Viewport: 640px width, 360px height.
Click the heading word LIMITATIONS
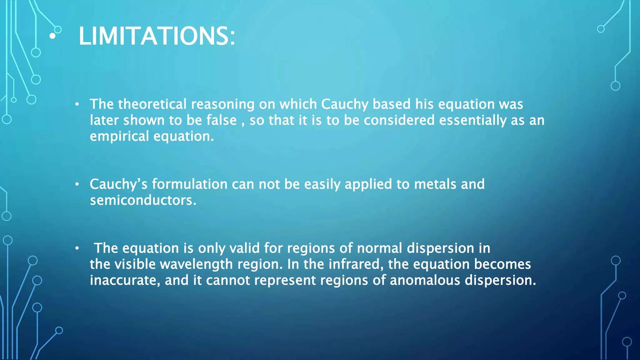(x=156, y=36)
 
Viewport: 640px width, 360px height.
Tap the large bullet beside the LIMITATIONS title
(x=52, y=36)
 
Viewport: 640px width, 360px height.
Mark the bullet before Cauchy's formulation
(x=77, y=184)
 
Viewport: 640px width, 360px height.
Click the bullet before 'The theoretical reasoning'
(x=77, y=104)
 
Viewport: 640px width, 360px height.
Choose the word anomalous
(x=425, y=280)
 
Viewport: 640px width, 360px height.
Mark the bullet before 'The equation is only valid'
(x=77, y=248)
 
